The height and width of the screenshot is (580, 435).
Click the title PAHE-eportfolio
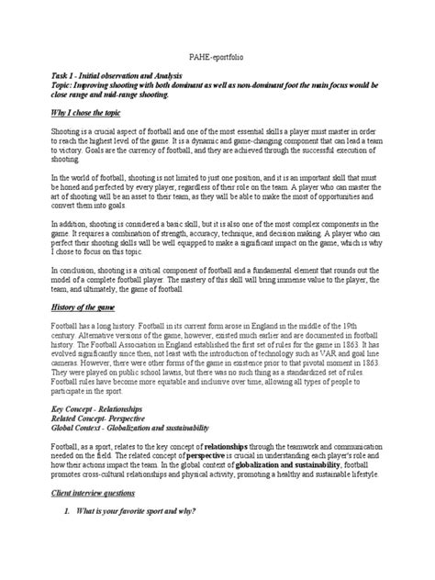coord(217,56)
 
